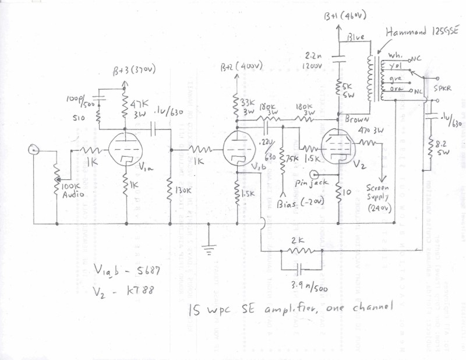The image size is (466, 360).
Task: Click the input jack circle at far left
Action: [x=33, y=150]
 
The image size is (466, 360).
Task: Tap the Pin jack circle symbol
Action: [x=315, y=174]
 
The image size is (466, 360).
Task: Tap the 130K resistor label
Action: [x=183, y=190]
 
